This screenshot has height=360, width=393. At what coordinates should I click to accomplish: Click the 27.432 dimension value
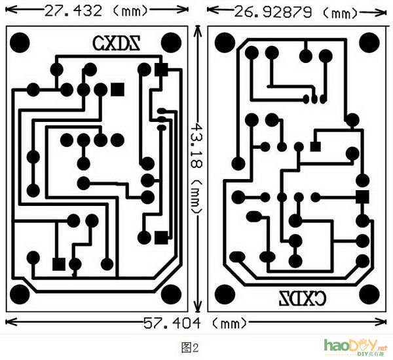click(x=73, y=10)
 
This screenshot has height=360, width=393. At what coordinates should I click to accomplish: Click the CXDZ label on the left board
click(x=117, y=43)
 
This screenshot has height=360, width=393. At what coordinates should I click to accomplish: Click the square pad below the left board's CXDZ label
click(x=118, y=88)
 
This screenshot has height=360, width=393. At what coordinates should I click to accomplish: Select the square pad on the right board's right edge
click(x=362, y=196)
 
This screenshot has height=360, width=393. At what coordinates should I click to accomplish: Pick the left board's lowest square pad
click(x=58, y=264)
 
